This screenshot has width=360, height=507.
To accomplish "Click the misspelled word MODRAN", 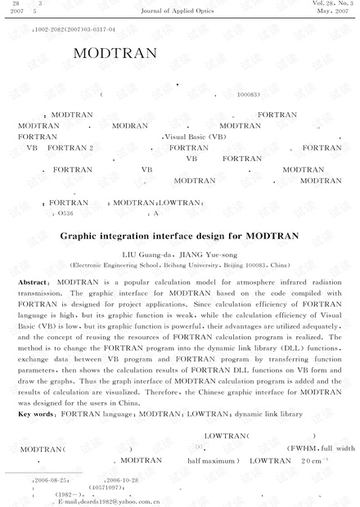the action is point(132,126).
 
